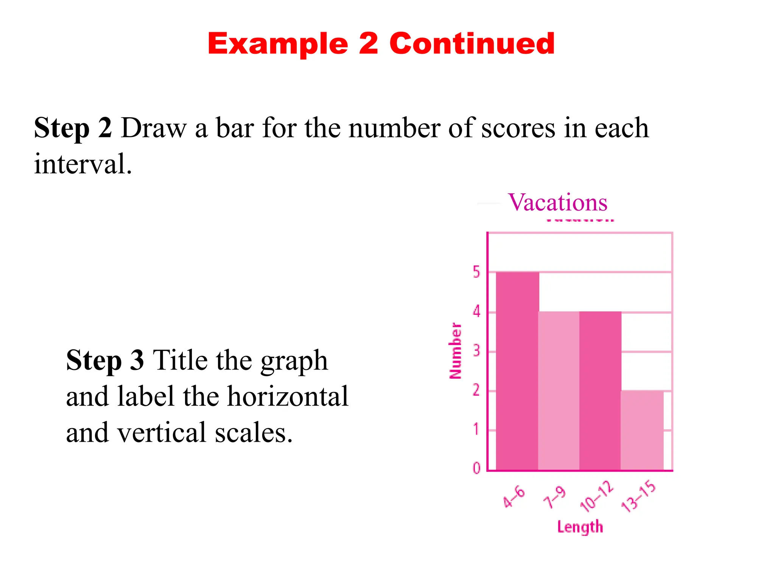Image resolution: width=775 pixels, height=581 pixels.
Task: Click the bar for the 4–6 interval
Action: click(517, 371)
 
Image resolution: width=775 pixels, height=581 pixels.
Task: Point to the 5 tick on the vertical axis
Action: click(476, 272)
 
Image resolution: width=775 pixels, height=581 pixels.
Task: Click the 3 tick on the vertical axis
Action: click(476, 351)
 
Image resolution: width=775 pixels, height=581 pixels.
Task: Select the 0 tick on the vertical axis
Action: click(476, 468)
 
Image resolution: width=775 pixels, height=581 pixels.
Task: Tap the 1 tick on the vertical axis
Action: click(476, 429)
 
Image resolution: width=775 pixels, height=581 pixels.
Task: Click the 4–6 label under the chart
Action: click(514, 497)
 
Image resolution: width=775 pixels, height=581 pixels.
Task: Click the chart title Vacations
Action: click(557, 202)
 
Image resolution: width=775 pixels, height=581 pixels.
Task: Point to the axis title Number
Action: click(455, 351)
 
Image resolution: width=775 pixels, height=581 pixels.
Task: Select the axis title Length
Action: click(580, 527)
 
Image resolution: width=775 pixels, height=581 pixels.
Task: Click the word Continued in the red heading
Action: click(472, 43)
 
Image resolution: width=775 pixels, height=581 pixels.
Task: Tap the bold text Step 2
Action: click(73, 128)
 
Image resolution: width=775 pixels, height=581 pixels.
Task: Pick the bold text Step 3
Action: click(105, 360)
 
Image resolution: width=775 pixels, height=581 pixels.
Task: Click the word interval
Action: click(83, 164)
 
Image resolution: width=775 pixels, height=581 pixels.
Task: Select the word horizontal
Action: click(288, 396)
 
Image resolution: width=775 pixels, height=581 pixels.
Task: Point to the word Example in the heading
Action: click(278, 44)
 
